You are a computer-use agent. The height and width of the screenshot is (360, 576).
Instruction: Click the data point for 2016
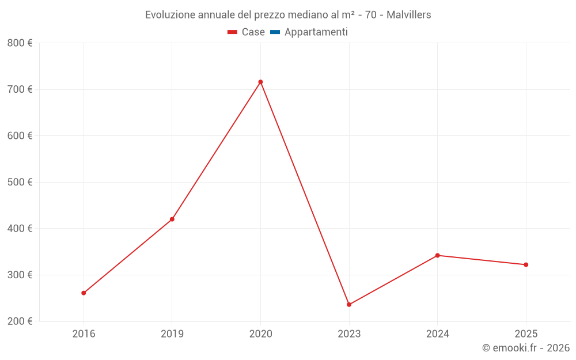click(x=84, y=293)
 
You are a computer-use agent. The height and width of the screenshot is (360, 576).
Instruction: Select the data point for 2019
click(x=172, y=219)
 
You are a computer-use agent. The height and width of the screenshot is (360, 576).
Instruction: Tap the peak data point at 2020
click(x=260, y=82)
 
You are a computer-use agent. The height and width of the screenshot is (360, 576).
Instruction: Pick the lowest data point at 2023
click(x=349, y=305)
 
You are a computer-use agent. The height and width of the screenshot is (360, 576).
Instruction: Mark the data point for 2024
click(x=437, y=255)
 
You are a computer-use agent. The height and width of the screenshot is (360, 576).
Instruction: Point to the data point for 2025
click(x=526, y=265)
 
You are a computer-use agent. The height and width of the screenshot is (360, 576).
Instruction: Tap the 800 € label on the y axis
click(x=20, y=43)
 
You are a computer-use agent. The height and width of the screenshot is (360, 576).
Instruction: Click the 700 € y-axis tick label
click(x=20, y=89)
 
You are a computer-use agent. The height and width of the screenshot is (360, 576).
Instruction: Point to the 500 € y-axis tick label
click(x=20, y=182)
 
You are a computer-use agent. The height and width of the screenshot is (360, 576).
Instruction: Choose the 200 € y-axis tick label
click(x=20, y=321)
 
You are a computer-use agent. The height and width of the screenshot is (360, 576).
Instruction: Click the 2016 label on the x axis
click(x=84, y=334)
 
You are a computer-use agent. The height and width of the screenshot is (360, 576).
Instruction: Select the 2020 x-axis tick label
click(x=260, y=334)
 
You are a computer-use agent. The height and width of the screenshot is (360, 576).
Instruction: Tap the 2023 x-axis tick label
click(x=349, y=334)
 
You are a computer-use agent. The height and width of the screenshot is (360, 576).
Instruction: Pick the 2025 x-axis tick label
click(x=526, y=334)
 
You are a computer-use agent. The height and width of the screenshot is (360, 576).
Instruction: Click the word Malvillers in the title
click(x=408, y=15)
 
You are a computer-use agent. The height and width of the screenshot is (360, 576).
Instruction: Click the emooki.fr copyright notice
click(x=525, y=348)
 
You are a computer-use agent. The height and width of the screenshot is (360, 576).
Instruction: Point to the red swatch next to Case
click(x=233, y=32)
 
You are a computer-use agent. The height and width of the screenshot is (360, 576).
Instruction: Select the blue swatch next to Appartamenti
click(x=275, y=32)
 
